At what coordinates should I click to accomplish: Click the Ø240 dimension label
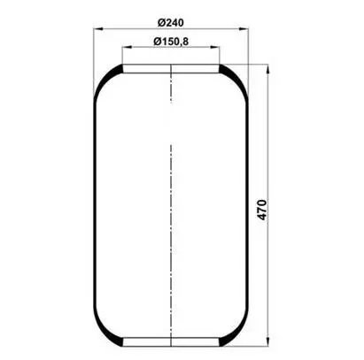click(170, 22)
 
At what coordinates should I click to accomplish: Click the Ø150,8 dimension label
click(171, 42)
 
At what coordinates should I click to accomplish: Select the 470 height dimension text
click(262, 210)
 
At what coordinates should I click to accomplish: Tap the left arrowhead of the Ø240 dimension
click(97, 29)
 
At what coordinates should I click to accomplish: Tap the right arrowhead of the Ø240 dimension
click(244, 29)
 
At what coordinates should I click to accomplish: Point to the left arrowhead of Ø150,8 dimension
click(127, 47)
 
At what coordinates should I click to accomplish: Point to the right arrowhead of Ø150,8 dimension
click(215, 47)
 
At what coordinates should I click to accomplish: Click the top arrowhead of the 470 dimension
click(267, 69)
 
